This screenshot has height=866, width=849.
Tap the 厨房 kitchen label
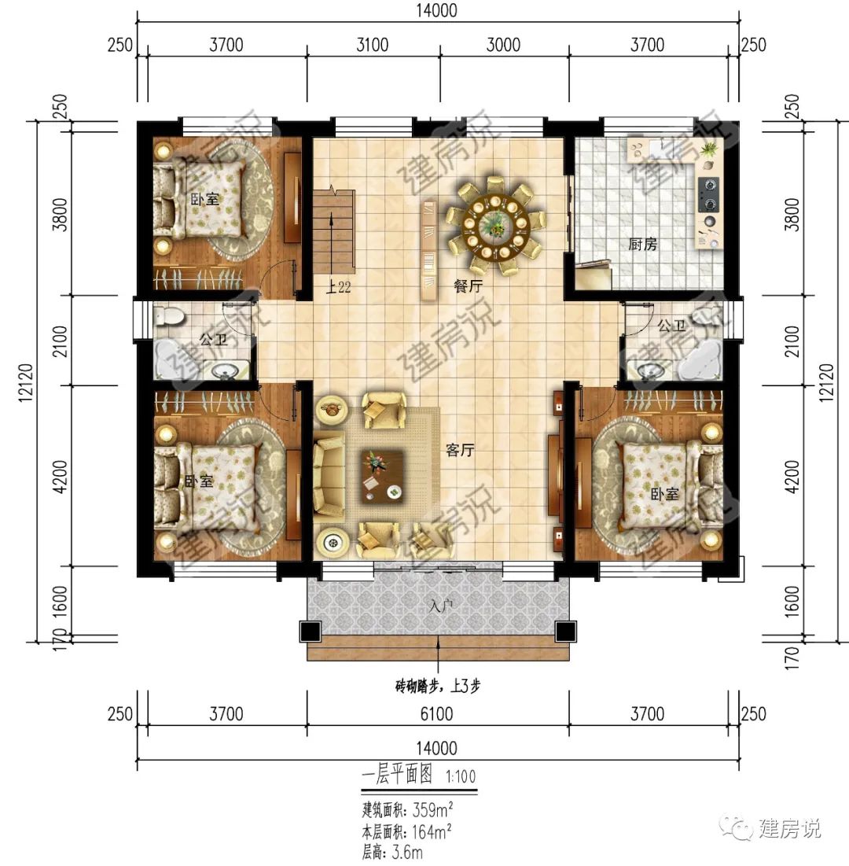643,245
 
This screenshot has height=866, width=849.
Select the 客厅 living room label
461,450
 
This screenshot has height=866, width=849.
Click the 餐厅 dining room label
469,286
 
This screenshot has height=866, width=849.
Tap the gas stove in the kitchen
708,194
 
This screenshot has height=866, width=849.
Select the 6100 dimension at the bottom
438,714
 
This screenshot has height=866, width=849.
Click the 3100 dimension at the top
372,45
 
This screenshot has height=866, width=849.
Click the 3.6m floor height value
410,852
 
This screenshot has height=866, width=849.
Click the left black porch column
310,632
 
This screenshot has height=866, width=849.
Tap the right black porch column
565,632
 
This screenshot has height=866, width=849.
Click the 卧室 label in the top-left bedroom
205,200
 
